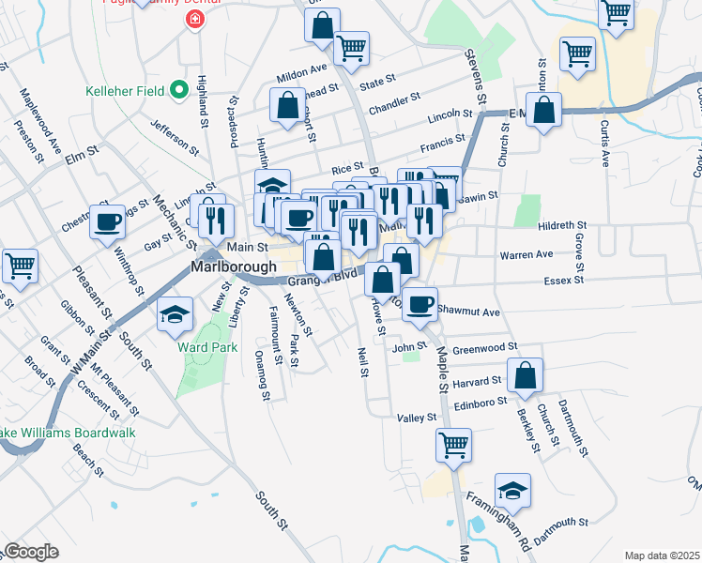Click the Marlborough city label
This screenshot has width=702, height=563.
(x=235, y=266)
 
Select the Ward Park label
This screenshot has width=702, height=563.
(x=202, y=345)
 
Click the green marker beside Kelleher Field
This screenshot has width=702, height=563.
(x=179, y=91)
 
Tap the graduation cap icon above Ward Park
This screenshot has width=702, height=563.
(x=174, y=316)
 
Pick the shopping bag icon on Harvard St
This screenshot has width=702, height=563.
(x=526, y=376)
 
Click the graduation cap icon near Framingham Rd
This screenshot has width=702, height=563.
(x=512, y=490)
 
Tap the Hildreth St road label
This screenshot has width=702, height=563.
(x=562, y=226)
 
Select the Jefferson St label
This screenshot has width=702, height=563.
(x=175, y=141)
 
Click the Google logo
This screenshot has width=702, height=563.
(x=31, y=552)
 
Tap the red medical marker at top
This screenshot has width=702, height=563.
(x=195, y=19)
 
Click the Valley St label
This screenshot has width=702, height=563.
(x=417, y=418)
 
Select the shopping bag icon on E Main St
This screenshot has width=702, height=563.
(x=544, y=112)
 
